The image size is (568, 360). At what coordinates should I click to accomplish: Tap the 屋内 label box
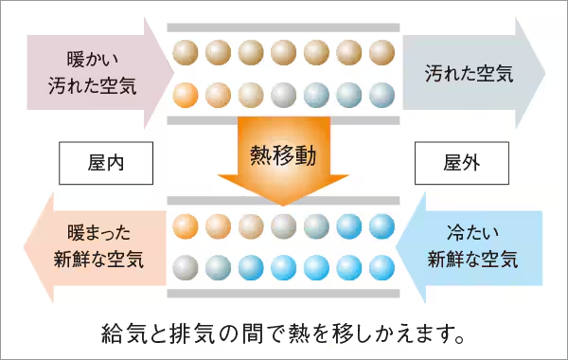coord(105,163)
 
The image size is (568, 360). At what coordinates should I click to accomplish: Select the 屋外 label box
coord(461,163)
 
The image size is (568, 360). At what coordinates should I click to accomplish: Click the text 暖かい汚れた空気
coord(92,72)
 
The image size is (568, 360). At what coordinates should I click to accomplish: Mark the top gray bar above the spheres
coord(284,27)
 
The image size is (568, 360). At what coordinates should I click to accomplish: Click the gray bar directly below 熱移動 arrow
coord(284,201)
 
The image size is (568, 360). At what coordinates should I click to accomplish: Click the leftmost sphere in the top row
coord(186,50)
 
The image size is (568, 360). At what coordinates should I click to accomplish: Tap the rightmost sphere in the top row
coord(381,50)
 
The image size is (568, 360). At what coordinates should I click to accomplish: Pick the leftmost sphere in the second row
coord(186,94)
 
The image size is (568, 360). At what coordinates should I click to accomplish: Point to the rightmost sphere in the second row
coord(381,94)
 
